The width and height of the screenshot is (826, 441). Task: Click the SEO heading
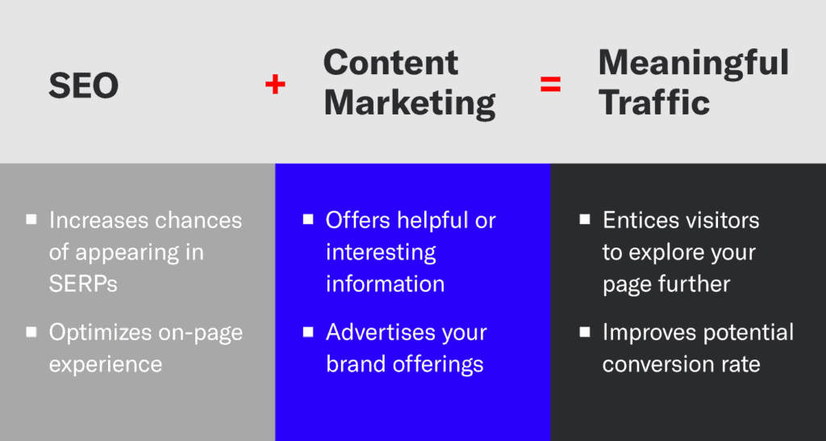pyautogui.click(x=84, y=85)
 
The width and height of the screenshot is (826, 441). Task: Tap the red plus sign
pyautogui.click(x=275, y=84)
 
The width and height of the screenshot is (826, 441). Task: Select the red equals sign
pyautogui.click(x=551, y=84)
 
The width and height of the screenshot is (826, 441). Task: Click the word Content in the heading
pyautogui.click(x=391, y=63)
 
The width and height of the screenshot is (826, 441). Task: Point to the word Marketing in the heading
pyautogui.click(x=410, y=103)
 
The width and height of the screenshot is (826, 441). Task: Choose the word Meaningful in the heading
pyautogui.click(x=694, y=63)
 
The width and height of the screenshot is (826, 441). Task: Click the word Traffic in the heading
pyautogui.click(x=654, y=103)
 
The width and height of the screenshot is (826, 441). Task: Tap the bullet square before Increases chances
pyautogui.click(x=31, y=219)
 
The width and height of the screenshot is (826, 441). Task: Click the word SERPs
pyautogui.click(x=83, y=284)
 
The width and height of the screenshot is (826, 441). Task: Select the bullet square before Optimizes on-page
pyautogui.click(x=31, y=331)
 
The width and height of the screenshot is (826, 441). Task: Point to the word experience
pyautogui.click(x=106, y=364)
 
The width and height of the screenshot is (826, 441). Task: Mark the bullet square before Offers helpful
pyautogui.click(x=308, y=219)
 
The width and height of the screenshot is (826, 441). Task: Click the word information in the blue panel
pyautogui.click(x=385, y=284)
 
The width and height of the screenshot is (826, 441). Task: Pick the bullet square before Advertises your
pyautogui.click(x=308, y=331)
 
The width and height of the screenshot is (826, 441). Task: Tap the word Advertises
pyautogui.click(x=376, y=332)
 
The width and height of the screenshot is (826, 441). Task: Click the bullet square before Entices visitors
pyautogui.click(x=585, y=219)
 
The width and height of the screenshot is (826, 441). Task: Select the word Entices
pyautogui.click(x=635, y=220)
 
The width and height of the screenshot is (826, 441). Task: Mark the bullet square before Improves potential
pyautogui.click(x=585, y=331)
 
